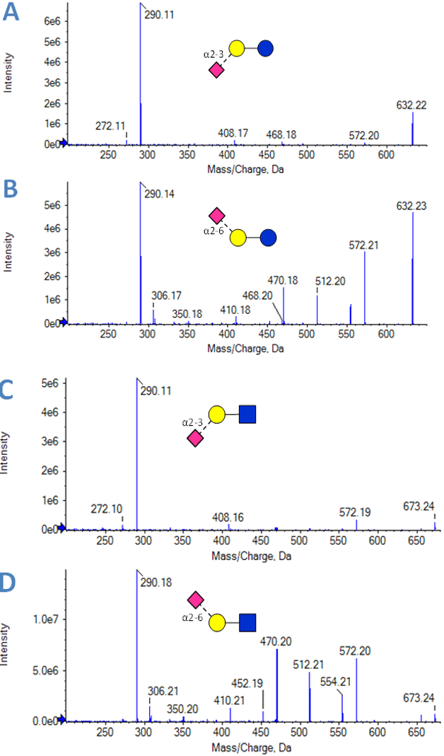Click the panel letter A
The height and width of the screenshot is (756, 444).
pos(11,13)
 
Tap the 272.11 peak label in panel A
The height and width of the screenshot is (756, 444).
pos(110,126)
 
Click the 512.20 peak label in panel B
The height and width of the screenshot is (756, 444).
pos(330,281)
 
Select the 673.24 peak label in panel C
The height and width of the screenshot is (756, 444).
pos(419,506)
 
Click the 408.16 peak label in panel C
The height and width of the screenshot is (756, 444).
pos(228,518)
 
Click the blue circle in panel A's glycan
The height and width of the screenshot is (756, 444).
pos(265,49)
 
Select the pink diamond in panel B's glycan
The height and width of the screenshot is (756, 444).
pos(217,215)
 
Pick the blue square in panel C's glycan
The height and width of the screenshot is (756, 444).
pos(247,414)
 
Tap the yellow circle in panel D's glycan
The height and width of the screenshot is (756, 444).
pos(217,623)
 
